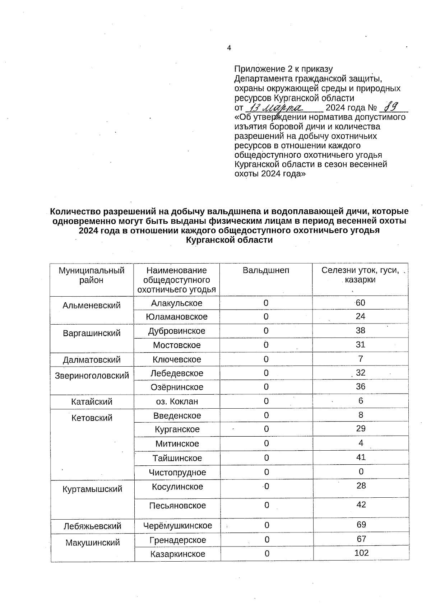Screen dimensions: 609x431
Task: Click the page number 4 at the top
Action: click(229, 48)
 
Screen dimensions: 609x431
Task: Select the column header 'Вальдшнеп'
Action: click(266, 270)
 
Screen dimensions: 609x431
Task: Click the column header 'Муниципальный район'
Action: click(92, 275)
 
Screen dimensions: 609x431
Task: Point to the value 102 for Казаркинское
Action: click(361, 553)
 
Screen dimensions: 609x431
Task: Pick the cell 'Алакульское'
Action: click(177, 303)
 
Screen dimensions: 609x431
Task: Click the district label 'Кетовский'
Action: click(92, 418)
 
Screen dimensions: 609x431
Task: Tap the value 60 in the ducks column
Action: click(360, 303)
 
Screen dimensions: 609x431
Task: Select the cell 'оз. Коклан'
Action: click(177, 401)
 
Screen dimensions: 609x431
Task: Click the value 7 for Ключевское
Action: click(361, 359)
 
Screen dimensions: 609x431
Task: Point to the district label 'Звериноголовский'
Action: click(92, 376)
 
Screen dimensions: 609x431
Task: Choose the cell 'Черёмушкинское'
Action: click(177, 526)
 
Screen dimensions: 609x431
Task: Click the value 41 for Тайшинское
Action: click(361, 457)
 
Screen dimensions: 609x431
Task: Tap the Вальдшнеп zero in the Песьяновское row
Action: click(267, 505)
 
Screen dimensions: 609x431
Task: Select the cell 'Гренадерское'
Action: click(178, 540)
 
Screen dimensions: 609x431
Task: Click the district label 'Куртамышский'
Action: click(92, 489)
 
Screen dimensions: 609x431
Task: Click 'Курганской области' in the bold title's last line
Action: click(229, 240)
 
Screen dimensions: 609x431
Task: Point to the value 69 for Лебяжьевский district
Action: click(361, 525)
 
